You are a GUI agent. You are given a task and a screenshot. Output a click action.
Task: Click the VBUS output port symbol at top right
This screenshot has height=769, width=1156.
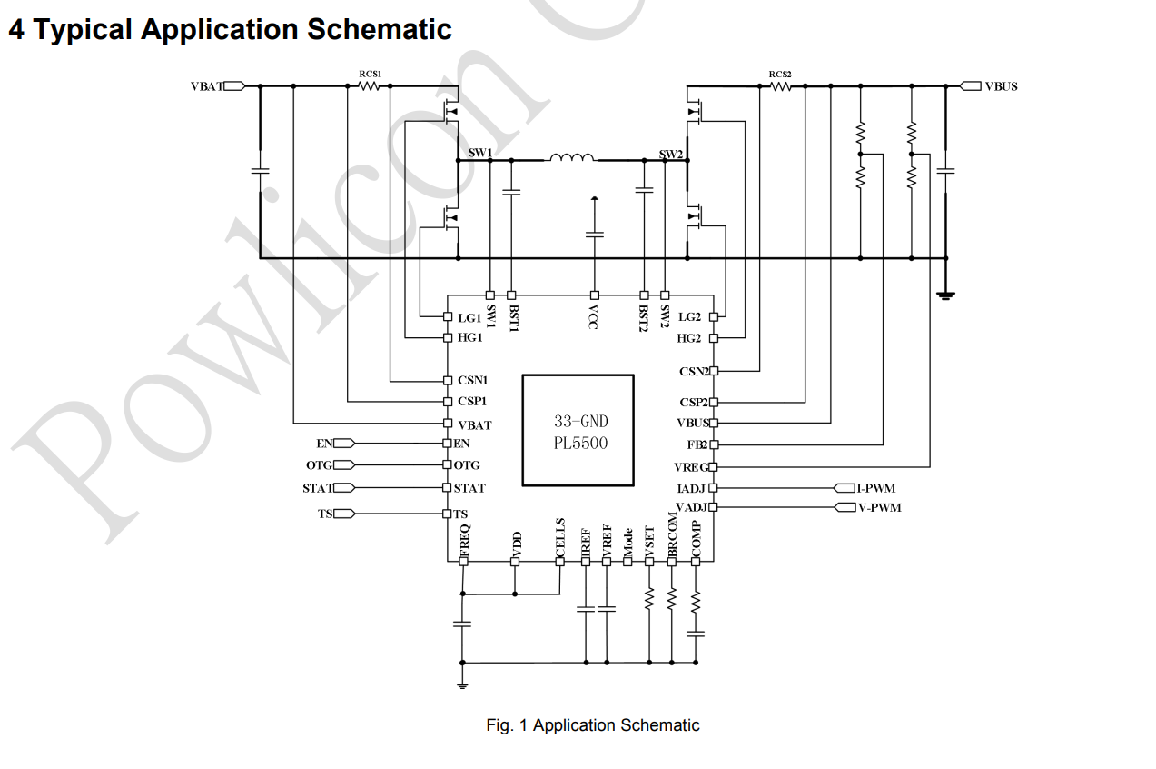coord(971,86)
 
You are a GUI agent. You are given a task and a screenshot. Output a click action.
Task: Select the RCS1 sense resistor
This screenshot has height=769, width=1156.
coord(369,85)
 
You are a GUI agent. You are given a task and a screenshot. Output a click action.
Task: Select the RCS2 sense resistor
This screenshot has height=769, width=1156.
coord(780,86)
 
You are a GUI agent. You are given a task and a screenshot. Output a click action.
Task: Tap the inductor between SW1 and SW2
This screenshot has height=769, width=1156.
coord(572,159)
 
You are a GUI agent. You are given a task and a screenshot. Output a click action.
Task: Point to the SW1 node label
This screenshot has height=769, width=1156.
coord(480,152)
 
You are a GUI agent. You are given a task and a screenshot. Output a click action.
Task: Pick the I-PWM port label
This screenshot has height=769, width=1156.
coord(876,488)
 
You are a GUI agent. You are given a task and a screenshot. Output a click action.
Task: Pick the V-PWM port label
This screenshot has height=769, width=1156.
coord(879,507)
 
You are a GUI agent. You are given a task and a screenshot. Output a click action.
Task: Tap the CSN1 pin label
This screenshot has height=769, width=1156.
coord(472,380)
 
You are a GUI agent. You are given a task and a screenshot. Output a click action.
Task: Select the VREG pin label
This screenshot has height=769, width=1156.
coord(690,466)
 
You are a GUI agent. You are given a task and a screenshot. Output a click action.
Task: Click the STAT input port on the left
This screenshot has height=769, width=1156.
coord(343,488)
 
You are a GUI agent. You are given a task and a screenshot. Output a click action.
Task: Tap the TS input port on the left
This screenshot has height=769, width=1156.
coord(343,514)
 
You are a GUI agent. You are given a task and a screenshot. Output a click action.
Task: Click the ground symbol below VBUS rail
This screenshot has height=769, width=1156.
coord(946,294)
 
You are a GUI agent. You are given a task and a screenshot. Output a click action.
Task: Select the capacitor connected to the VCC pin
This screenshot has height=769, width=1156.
coord(595,235)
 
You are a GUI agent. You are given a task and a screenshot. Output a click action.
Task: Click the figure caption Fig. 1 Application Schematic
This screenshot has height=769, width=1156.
coord(592,725)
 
